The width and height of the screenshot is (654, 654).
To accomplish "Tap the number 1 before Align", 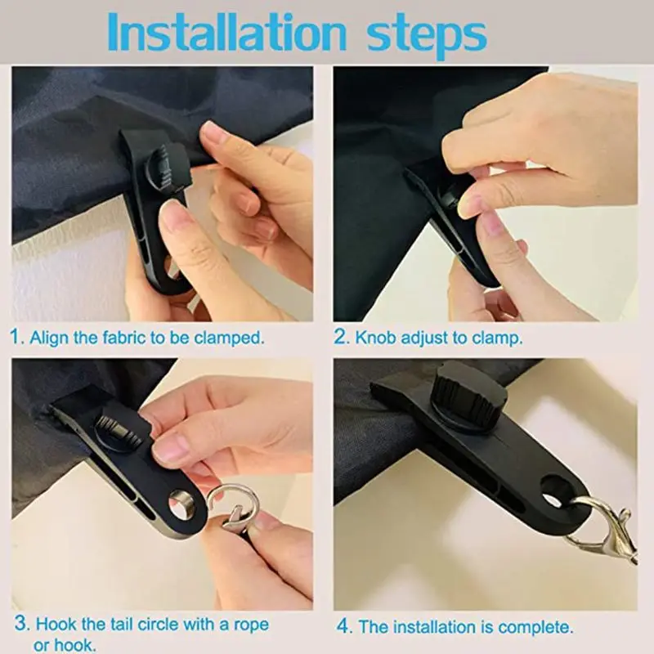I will pyautogui.click(x=16, y=337).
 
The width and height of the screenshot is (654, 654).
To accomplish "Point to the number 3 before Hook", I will pyautogui.click(x=18, y=625).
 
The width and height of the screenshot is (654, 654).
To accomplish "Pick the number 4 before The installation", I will pyautogui.click(x=343, y=627).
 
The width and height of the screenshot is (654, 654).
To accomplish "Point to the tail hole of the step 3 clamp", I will pyautogui.click(x=179, y=499).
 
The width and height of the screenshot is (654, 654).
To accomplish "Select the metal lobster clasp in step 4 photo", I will pyautogui.click(x=605, y=523).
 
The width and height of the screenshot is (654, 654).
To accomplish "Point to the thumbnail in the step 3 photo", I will pyautogui.click(x=172, y=449).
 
